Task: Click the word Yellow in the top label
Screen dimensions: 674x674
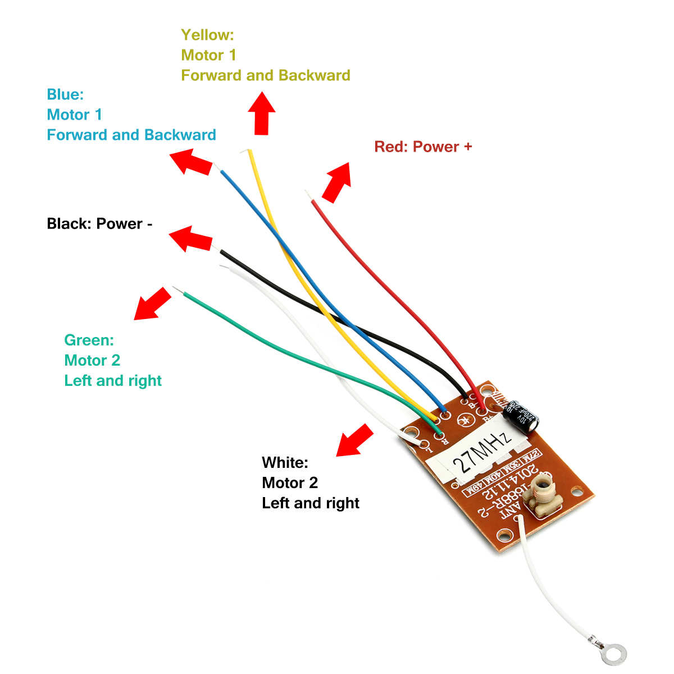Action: [207, 35]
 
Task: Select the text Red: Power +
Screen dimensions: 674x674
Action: [423, 147]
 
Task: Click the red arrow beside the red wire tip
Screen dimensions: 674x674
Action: [338, 182]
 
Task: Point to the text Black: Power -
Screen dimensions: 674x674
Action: [99, 224]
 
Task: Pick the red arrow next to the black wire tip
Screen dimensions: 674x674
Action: [190, 239]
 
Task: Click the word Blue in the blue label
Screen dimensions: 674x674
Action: [65, 94]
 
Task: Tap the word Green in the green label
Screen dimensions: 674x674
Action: [89, 340]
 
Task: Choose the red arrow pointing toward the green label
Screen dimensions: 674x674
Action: [152, 304]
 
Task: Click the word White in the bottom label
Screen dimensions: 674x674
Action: [285, 462]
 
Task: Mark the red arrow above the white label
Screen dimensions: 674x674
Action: [354, 440]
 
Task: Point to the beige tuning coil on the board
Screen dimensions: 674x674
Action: [543, 494]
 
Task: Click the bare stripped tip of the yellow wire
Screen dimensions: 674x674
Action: [244, 151]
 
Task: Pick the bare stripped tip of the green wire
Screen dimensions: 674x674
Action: [178, 290]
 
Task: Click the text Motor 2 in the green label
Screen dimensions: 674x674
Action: [92, 360]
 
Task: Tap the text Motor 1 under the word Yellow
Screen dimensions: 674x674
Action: [208, 55]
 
